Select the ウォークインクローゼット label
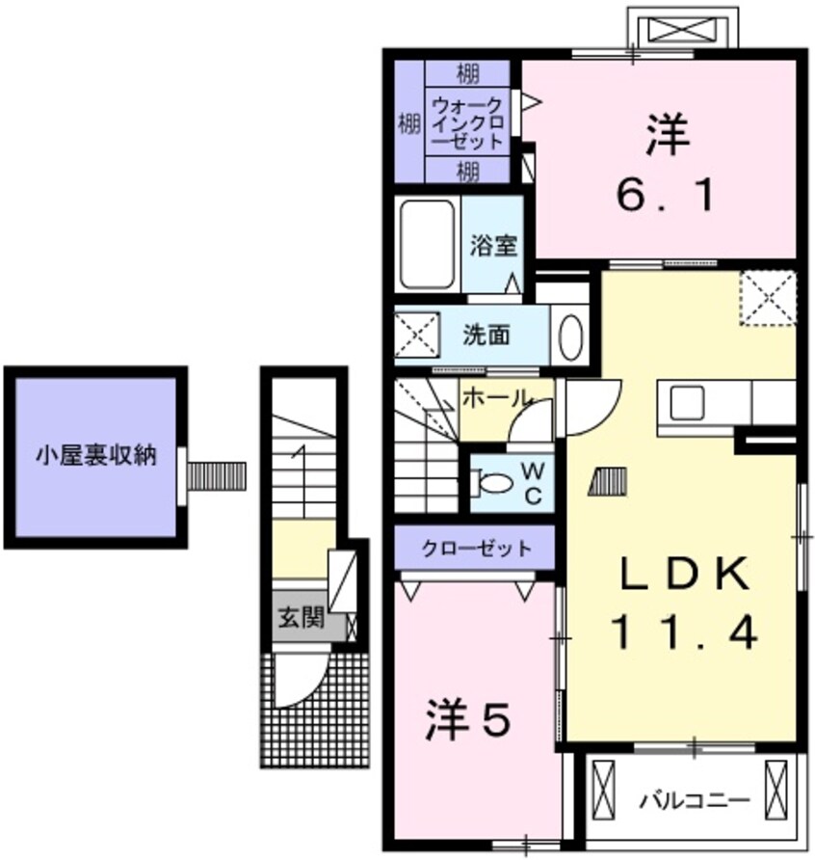point(468,122)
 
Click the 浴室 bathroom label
point(494,246)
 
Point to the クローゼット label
point(476,549)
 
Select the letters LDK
point(684,577)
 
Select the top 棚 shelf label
point(468,72)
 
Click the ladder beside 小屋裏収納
point(217,475)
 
